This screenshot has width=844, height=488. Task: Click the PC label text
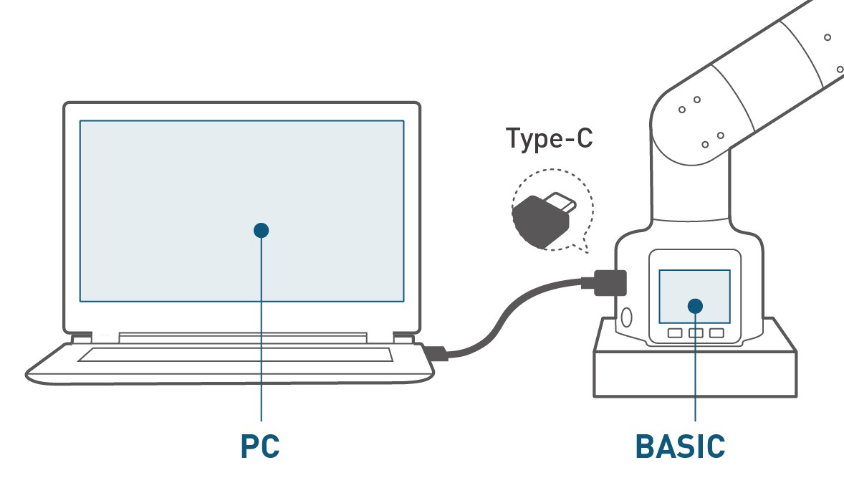[259, 446]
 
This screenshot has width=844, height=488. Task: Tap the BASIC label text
[681, 446]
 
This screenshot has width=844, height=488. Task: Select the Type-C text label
[550, 138]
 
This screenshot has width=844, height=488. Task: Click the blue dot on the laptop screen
[261, 230]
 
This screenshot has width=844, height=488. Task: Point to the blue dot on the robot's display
[695, 305]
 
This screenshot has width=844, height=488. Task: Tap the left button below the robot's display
[674, 333]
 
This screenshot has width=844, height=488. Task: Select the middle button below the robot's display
[696, 333]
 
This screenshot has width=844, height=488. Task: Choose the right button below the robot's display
[716, 333]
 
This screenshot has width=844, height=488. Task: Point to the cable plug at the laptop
[436, 353]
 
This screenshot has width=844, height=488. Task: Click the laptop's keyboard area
[235, 355]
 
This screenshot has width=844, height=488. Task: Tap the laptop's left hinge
[82, 336]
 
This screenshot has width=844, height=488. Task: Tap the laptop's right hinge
[403, 336]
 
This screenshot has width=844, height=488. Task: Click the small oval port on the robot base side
[626, 317]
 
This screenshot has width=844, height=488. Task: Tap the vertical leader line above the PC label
[261, 330]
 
